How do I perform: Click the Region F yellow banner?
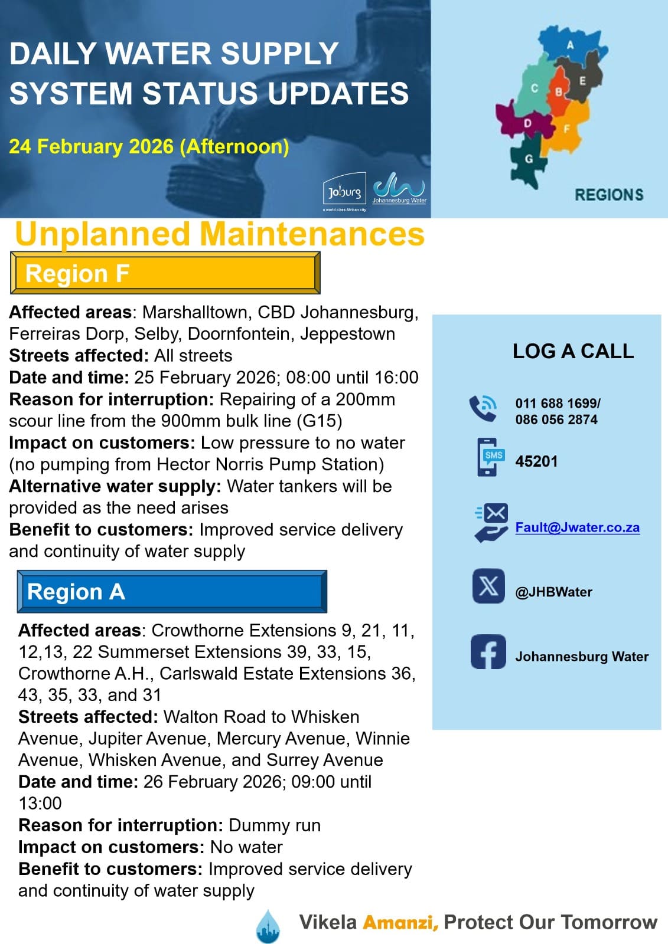pyautogui.click(x=165, y=273)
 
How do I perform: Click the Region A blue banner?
pyautogui.click(x=172, y=591)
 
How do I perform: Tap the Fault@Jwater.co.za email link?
pyautogui.click(x=577, y=527)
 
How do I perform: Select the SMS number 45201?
pyautogui.click(x=536, y=461)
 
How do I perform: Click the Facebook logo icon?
pyautogui.click(x=488, y=652)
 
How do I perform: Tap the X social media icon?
pyautogui.click(x=488, y=586)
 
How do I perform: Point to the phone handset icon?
pyautogui.click(x=483, y=408)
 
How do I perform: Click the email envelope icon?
pyautogui.click(x=492, y=522)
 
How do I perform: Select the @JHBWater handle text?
pyautogui.click(x=553, y=592)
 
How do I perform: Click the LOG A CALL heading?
pyautogui.click(x=573, y=351)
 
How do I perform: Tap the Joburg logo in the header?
pyautogui.click(x=344, y=191)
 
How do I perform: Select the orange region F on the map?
pyautogui.click(x=567, y=129)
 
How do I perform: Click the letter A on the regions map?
pyautogui.click(x=570, y=45)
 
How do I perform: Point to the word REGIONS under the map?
pyautogui.click(x=609, y=195)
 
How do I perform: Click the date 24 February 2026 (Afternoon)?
pyautogui.click(x=149, y=146)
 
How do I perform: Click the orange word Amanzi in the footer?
pyautogui.click(x=400, y=922)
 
